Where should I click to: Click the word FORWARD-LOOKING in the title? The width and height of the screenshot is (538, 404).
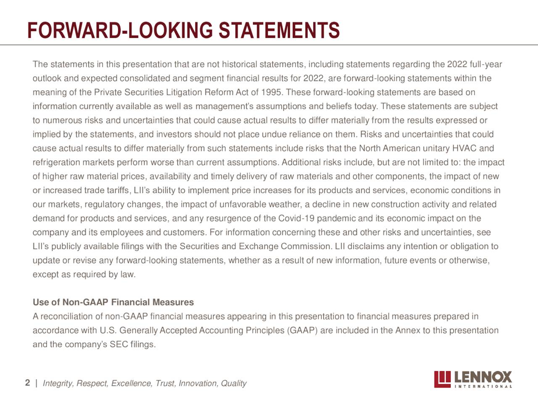coord(121,31)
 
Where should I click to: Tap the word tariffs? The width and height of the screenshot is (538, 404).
coord(118,190)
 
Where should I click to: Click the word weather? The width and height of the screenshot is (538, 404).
coord(286,204)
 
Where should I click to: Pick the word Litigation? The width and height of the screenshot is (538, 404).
coord(185,92)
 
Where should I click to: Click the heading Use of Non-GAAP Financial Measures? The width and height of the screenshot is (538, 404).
coord(113,302)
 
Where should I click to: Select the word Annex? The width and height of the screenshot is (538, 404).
coord(408,330)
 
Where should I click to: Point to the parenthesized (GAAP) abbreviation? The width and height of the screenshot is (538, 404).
coord(303,330)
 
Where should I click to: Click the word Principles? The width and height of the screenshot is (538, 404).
coord(266,330)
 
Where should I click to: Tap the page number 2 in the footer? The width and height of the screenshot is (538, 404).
coord(28,383)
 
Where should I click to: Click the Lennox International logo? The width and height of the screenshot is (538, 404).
coord(473,379)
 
